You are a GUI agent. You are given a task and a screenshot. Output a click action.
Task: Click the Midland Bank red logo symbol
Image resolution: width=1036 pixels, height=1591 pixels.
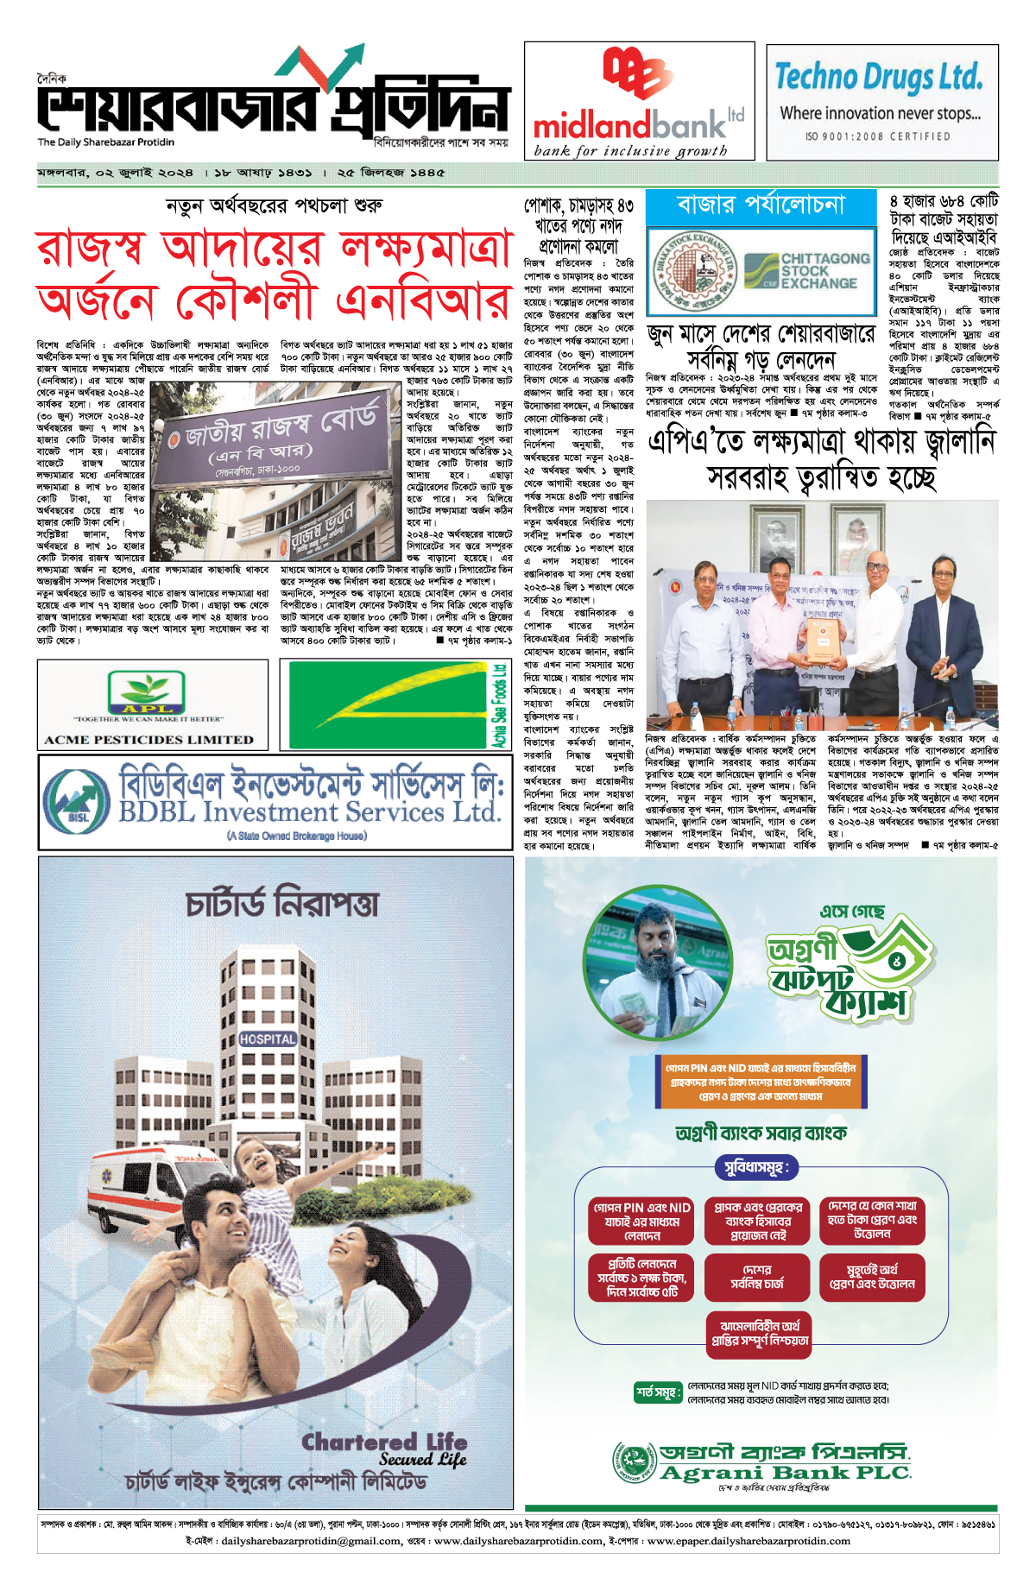tap(638, 73)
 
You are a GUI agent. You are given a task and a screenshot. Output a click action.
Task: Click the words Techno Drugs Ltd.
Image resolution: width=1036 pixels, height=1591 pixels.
tap(879, 77)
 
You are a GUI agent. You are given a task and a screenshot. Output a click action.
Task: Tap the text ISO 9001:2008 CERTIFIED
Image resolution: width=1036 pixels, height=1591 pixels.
tap(878, 136)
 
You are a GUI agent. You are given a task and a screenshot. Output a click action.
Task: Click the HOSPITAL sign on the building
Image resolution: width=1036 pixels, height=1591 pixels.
tap(268, 1039)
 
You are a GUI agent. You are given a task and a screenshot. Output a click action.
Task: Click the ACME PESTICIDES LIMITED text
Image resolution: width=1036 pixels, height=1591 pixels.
tap(149, 740)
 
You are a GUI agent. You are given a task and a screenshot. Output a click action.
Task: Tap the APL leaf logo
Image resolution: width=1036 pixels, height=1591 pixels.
tap(146, 692)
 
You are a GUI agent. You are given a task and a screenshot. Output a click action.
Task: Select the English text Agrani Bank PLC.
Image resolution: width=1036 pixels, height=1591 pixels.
tap(785, 1473)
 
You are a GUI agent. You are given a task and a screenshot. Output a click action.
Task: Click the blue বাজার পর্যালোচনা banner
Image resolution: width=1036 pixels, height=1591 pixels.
tap(761, 205)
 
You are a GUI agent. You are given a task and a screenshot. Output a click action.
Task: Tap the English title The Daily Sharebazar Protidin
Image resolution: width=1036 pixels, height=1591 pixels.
tap(105, 142)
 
